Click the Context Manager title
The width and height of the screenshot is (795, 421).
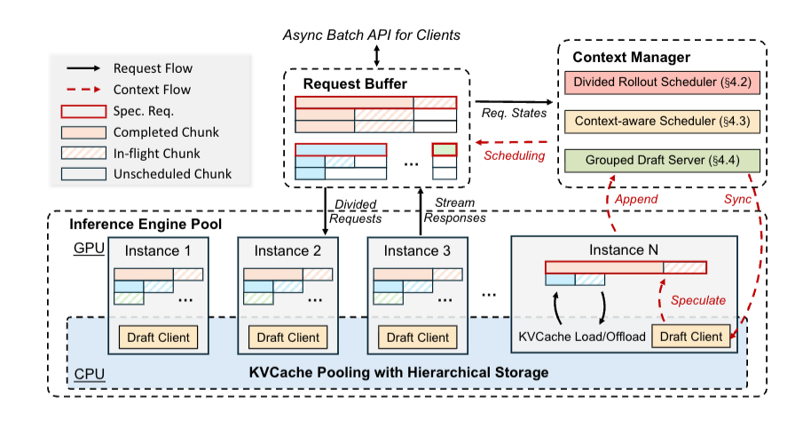(631, 58)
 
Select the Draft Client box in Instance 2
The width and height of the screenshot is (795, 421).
(288, 338)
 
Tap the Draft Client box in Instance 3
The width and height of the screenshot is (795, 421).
(418, 338)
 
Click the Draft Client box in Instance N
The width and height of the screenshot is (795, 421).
(691, 338)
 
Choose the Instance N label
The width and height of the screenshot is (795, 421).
(626, 251)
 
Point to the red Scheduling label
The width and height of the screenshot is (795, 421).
(515, 155)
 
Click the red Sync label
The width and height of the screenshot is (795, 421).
(739, 199)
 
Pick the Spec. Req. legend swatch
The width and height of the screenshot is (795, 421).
(82, 111)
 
